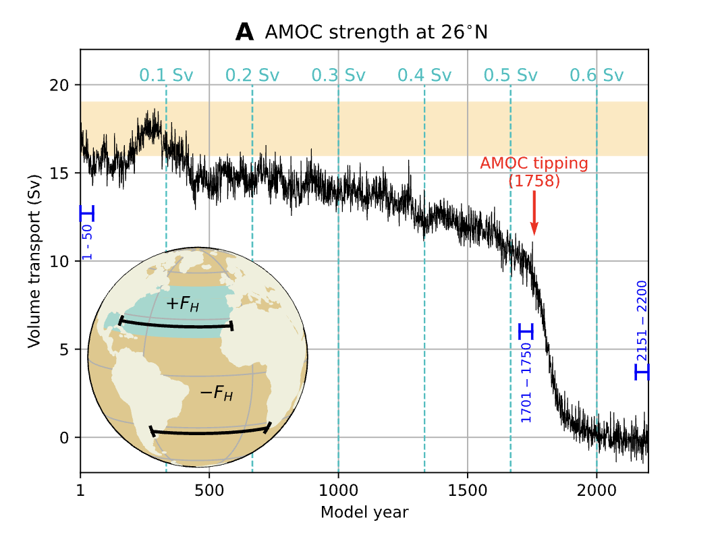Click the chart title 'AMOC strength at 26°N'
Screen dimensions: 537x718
point(376,32)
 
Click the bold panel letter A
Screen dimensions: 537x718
point(244,32)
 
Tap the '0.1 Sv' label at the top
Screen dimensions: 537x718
point(166,75)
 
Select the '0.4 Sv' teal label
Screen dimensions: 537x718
point(424,75)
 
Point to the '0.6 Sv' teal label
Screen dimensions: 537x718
point(597,75)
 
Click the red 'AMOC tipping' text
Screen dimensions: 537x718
point(534,163)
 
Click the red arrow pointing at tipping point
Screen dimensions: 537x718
point(534,213)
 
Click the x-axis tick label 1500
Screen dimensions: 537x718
point(467,489)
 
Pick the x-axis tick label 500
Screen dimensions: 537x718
point(209,489)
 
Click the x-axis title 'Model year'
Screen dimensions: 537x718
point(364,512)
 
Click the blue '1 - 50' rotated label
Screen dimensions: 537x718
point(88,242)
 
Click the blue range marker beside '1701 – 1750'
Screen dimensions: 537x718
point(526,331)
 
